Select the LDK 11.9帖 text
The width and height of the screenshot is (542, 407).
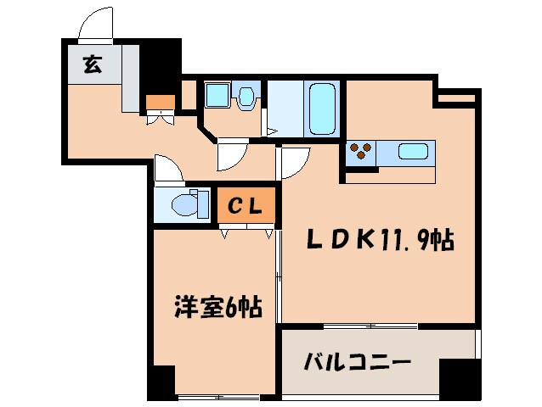tap(379, 242)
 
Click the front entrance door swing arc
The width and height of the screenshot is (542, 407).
tap(95, 23)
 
